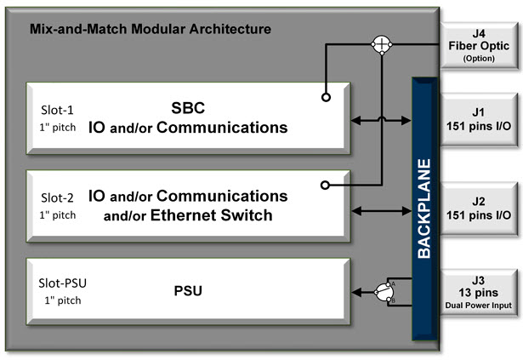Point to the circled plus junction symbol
[384, 45]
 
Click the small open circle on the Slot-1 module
[326, 97]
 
